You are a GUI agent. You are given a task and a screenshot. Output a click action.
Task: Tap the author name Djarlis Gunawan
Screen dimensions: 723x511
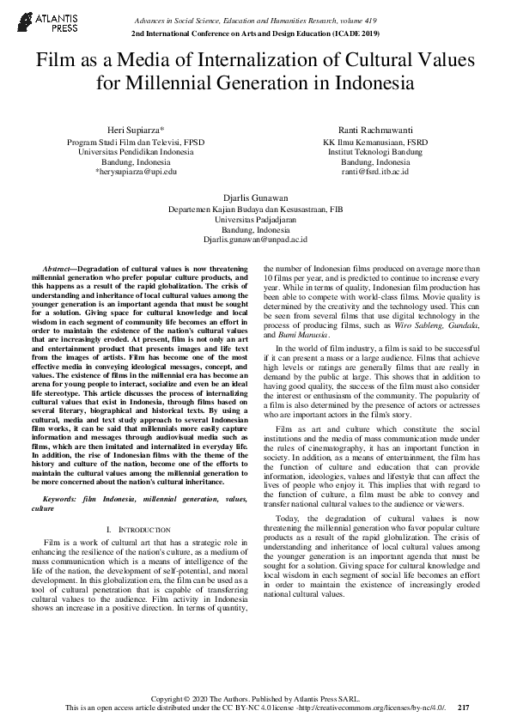coord(255,197)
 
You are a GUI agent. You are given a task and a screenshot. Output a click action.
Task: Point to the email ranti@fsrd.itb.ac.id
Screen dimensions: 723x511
coord(375,171)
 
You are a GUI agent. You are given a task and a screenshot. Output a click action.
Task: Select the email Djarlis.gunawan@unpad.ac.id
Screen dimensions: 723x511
coord(255,240)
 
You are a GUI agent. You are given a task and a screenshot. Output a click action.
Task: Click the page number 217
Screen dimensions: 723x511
coord(464,708)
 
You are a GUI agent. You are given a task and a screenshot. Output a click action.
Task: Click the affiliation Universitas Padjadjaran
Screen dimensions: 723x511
coord(255,219)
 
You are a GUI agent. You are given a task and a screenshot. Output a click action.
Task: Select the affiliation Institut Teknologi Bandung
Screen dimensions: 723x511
coord(375,150)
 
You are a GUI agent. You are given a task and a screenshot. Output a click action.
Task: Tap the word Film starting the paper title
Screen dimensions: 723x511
coord(52,62)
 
